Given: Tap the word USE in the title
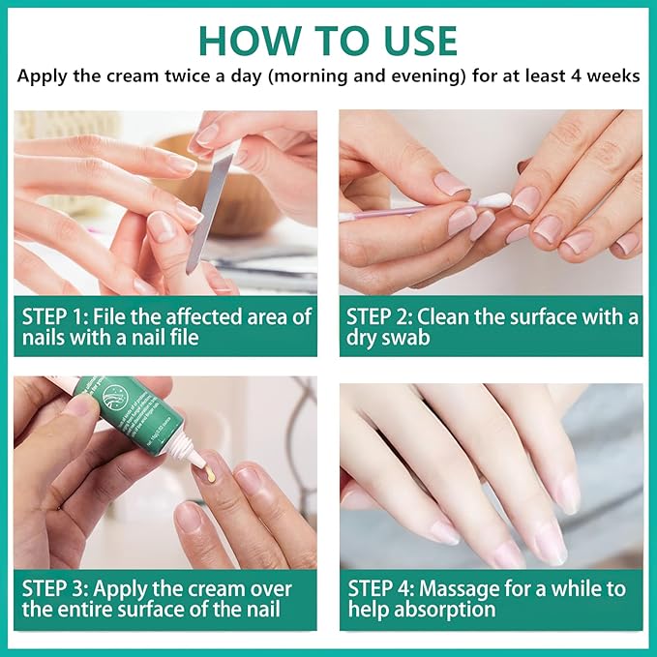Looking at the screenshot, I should [x=410, y=40].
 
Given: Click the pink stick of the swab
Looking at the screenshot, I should [x=406, y=211].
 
